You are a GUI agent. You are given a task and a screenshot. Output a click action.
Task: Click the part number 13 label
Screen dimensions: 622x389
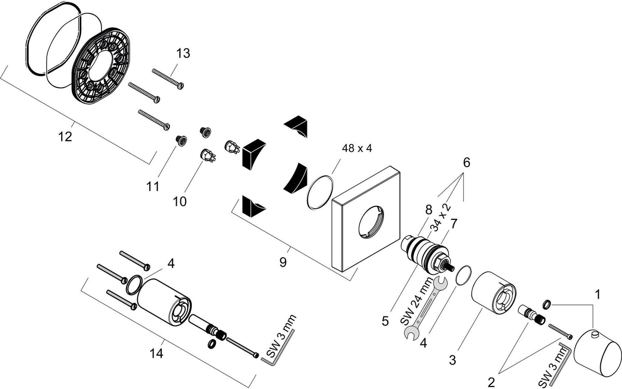183,53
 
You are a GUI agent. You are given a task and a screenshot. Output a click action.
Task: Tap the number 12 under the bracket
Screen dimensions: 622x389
65,137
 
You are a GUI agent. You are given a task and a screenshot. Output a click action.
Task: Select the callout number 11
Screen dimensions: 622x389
153,186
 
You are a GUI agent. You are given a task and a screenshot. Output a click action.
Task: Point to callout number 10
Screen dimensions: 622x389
180,201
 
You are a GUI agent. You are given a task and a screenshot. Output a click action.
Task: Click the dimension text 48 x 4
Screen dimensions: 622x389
357,148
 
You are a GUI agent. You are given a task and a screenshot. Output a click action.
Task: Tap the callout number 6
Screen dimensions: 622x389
467,162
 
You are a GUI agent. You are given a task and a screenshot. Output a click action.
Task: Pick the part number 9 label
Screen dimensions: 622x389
283,262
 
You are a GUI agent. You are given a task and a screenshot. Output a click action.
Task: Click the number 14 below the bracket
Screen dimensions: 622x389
157,353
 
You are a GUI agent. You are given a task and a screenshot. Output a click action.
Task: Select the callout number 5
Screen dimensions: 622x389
385,321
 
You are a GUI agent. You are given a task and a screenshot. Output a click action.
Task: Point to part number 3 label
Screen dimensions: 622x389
453,360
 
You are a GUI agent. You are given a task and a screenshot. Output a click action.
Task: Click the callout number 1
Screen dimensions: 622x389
598,295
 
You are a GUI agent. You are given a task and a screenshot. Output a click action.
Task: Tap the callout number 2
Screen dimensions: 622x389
491,383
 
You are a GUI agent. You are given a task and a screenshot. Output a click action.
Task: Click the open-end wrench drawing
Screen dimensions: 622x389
426,309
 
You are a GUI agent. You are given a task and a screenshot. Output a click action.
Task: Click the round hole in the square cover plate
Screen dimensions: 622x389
371,223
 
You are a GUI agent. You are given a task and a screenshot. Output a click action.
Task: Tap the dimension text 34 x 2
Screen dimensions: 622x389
441,218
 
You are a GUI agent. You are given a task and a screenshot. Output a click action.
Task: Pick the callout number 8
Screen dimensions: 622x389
429,210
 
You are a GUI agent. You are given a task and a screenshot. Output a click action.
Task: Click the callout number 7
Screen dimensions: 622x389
454,224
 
